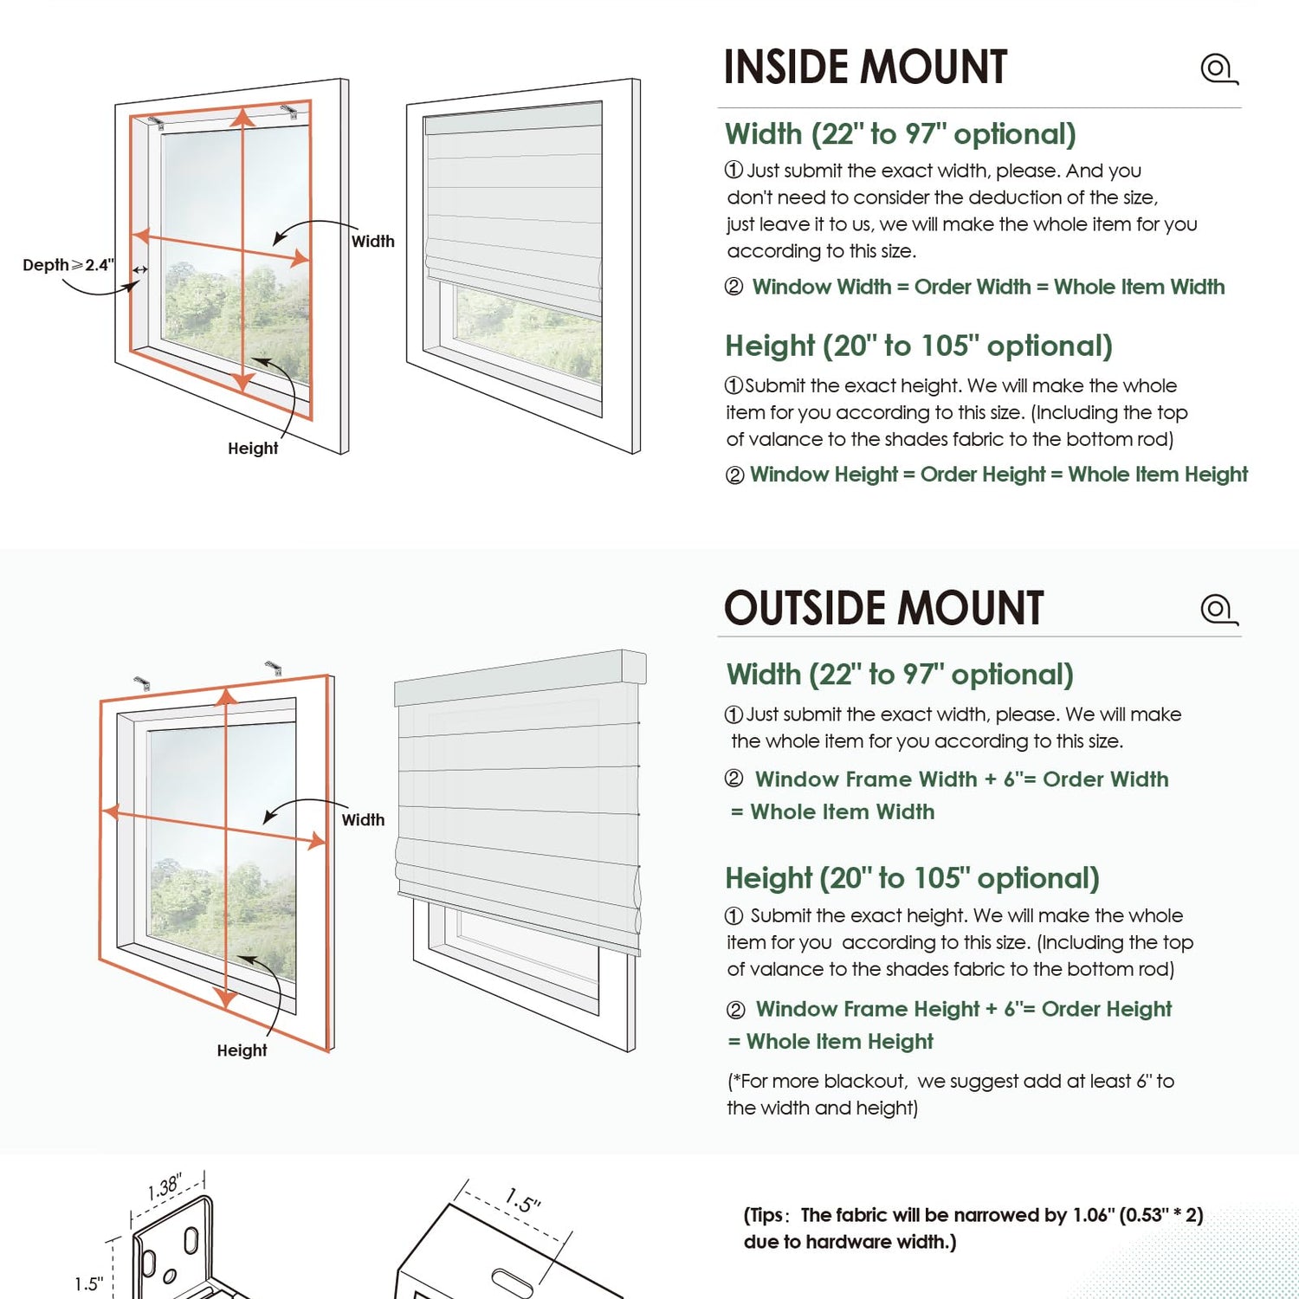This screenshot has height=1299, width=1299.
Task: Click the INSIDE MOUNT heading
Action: [x=865, y=68]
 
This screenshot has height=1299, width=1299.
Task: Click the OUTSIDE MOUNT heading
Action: [x=883, y=608]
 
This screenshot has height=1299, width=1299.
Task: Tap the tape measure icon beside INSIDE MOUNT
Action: [x=1218, y=68]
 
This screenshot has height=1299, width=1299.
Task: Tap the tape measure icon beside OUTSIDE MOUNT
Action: [x=1218, y=609]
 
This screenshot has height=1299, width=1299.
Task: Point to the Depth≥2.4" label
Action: [x=68, y=265]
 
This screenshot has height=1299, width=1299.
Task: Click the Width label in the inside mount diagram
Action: [x=372, y=242]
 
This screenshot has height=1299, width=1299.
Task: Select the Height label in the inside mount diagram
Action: [x=253, y=448]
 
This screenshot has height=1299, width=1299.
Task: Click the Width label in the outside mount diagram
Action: [x=363, y=819]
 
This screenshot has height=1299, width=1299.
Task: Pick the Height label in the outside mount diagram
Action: [x=242, y=1050]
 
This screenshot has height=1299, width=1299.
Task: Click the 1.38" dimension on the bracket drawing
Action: [x=165, y=1187]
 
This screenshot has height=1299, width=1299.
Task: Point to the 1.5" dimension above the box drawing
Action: [x=523, y=1201]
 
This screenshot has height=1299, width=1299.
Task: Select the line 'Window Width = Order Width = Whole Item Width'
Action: [x=988, y=287]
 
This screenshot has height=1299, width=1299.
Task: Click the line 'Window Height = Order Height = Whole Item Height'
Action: [x=998, y=475]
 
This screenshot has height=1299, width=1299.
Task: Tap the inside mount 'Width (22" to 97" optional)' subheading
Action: [x=901, y=134]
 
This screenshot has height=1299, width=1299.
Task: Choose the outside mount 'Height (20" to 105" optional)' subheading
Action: [x=912, y=878]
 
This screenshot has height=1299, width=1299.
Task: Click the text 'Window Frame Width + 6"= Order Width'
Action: [x=961, y=779]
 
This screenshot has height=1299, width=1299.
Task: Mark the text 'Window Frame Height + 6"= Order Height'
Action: [x=963, y=1009]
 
